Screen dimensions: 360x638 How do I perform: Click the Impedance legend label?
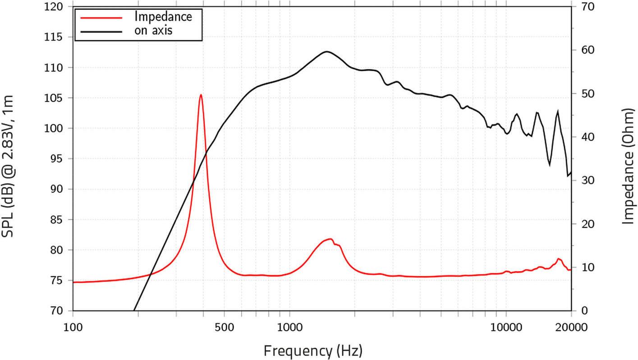tap(163, 17)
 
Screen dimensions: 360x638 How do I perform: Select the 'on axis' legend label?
tap(153, 31)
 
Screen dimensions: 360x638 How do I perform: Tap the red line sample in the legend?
tap(101, 17)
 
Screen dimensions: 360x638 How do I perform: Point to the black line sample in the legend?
tap(101, 31)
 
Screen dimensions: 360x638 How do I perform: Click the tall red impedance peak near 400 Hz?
tap(201, 95)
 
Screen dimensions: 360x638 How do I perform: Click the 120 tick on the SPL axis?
tap(57, 7)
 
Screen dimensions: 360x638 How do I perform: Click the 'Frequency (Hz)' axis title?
tap(312, 350)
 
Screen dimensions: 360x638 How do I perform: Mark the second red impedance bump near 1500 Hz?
tap(330, 239)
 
